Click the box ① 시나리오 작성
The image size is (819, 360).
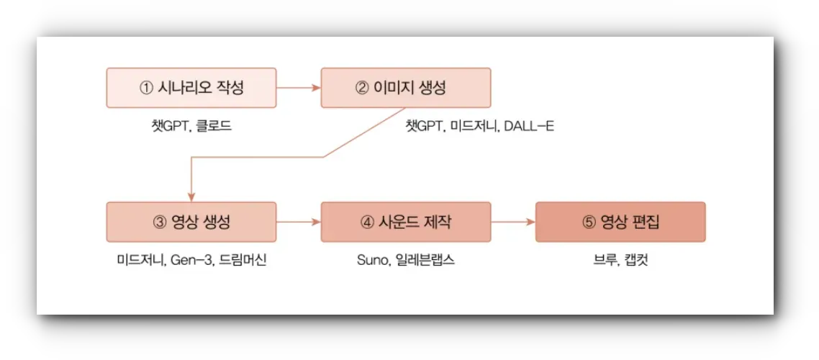click(x=191, y=88)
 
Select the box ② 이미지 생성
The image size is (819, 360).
click(x=406, y=88)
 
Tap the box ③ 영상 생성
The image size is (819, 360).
click(x=191, y=222)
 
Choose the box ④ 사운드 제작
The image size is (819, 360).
click(x=406, y=222)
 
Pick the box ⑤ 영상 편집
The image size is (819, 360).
click(x=620, y=222)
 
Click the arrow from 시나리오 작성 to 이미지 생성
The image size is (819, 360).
click(x=298, y=88)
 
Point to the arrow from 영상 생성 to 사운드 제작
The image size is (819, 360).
click(x=298, y=222)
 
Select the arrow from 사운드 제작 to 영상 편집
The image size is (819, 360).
click(x=513, y=222)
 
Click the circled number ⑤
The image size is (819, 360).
click(x=589, y=222)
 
